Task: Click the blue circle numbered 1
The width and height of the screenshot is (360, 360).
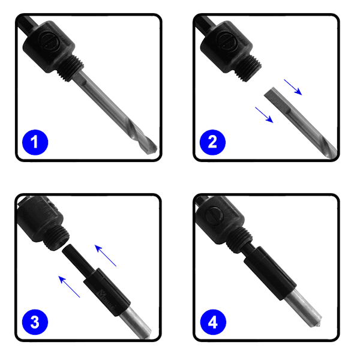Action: [x=35, y=142]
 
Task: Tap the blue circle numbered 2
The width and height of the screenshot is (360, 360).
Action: [x=212, y=142]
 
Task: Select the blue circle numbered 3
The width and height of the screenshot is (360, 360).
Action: [x=35, y=322]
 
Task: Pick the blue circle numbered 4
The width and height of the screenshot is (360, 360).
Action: [x=213, y=322]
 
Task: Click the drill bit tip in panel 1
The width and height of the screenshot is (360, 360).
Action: [x=154, y=149]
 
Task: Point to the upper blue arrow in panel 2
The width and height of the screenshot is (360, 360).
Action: [x=293, y=87]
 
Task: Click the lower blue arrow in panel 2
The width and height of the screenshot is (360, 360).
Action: [x=264, y=115]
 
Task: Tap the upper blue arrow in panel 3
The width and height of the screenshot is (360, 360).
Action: [x=106, y=256]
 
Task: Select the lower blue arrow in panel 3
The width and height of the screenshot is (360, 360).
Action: [x=69, y=287]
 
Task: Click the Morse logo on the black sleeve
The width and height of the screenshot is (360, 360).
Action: [x=107, y=299]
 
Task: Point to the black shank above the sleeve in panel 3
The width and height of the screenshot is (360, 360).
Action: [x=77, y=258]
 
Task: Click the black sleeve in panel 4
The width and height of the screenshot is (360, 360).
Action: [x=270, y=273]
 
